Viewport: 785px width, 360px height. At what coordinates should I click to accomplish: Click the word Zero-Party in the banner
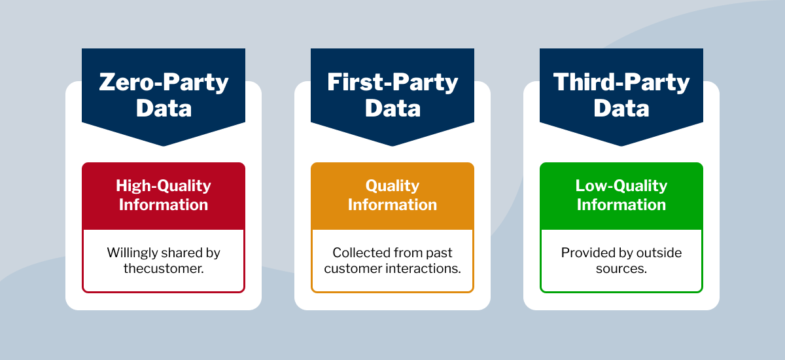(x=164, y=82)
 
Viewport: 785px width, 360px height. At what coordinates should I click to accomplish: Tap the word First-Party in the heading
(x=392, y=82)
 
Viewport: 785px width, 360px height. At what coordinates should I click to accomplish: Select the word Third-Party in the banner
(x=621, y=82)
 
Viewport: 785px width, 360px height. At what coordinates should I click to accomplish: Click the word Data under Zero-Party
(x=164, y=108)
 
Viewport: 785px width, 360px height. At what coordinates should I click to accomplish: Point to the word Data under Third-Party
(x=621, y=108)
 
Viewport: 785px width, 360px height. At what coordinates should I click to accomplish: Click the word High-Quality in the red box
(x=164, y=186)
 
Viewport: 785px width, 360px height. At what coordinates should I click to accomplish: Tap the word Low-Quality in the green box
(x=621, y=186)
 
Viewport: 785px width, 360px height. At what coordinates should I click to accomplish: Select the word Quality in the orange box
(x=392, y=186)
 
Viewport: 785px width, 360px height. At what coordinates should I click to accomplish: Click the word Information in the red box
(x=164, y=205)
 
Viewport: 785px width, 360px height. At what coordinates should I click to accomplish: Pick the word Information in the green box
(x=621, y=205)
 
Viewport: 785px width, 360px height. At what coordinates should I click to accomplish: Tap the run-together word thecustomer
(x=164, y=268)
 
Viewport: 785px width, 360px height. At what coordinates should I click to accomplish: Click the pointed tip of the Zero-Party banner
(x=164, y=145)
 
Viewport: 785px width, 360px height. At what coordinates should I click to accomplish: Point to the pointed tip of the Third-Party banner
(x=621, y=145)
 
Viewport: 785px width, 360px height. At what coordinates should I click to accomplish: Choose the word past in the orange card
(x=440, y=253)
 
